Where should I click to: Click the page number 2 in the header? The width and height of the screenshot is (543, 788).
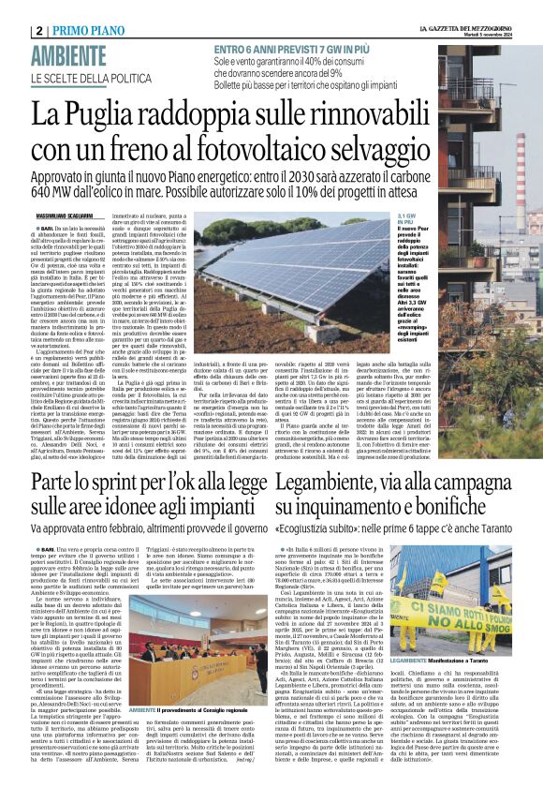40,30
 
